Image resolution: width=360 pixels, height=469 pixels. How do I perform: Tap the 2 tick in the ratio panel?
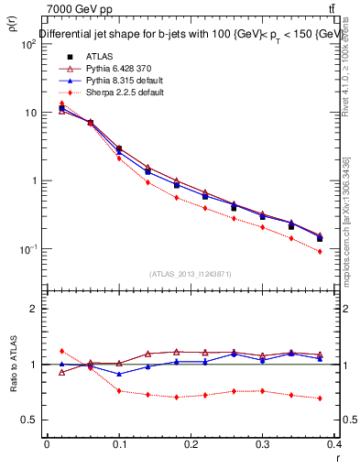[31, 309]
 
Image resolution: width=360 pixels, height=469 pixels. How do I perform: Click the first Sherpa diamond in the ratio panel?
[61, 351]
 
